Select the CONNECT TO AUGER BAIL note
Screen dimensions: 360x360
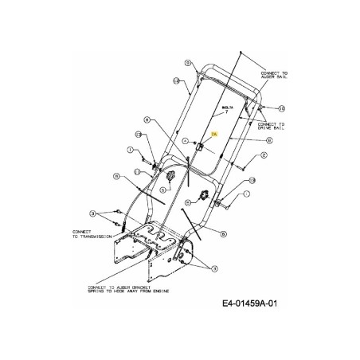pos(274,76)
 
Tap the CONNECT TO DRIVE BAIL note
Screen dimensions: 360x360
pos(271,125)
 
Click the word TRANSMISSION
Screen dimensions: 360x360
pos(88,237)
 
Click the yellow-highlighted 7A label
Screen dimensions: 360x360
pos(214,136)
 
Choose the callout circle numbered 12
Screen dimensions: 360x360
pos(252,180)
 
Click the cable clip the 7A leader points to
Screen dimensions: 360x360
pos(201,147)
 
